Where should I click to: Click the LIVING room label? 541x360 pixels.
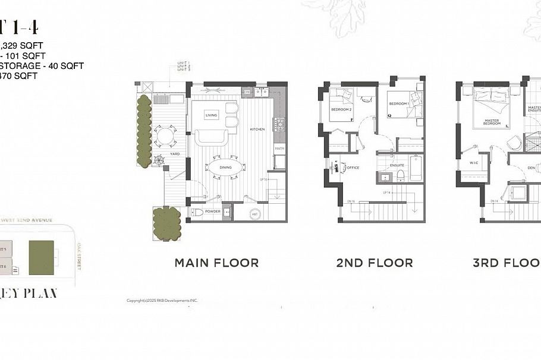coord(211,115)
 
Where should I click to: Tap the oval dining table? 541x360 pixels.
coord(225,168)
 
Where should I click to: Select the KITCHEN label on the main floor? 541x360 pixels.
coord(257,129)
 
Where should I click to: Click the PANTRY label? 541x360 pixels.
coord(279,149)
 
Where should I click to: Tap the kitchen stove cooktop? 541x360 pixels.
coord(279,125)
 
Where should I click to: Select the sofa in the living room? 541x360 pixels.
coord(212,138)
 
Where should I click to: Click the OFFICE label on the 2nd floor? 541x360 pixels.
coord(353,168)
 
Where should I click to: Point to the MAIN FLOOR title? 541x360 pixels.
coord(216,263)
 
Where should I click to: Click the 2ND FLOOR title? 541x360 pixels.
coord(375,263)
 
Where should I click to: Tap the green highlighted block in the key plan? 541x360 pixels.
coord(42,257)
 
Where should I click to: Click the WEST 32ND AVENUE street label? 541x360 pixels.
coord(27,220)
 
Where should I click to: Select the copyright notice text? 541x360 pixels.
coord(162,301)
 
